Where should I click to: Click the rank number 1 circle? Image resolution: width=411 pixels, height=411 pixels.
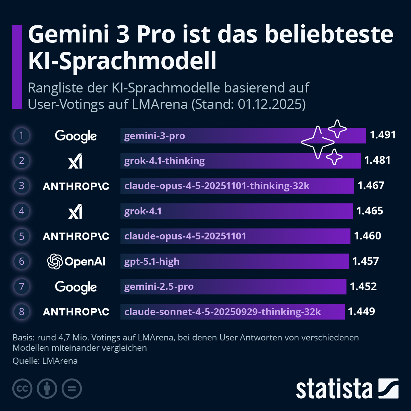22,135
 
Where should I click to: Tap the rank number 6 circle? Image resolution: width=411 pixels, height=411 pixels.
22,261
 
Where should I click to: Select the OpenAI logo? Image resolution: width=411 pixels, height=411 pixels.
76,262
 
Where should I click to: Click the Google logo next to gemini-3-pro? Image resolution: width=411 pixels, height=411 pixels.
76,136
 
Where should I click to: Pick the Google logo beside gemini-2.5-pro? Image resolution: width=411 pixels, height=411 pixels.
76,287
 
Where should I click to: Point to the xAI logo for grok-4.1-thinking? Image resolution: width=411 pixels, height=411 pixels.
75,161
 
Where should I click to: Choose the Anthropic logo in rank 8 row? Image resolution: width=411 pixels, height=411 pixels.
76,312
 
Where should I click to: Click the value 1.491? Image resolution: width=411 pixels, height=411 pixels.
383,135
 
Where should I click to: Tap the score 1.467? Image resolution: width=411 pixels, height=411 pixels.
371,186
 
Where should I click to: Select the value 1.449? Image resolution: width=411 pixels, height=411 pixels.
361,311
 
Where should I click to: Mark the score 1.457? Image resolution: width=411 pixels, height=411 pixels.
365,261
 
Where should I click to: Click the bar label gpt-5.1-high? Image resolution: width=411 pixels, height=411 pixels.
152,262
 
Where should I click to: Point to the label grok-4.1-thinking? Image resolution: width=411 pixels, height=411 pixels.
164,161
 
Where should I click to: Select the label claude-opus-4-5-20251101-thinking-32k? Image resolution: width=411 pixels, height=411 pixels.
217,186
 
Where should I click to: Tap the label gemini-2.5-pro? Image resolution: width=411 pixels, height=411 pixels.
159,287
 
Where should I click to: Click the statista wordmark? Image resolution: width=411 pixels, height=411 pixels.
334,389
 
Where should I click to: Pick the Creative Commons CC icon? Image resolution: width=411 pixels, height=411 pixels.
22,389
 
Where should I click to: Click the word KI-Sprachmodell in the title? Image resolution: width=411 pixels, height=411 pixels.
122,61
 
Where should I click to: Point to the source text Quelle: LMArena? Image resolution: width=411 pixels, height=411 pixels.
45,361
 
